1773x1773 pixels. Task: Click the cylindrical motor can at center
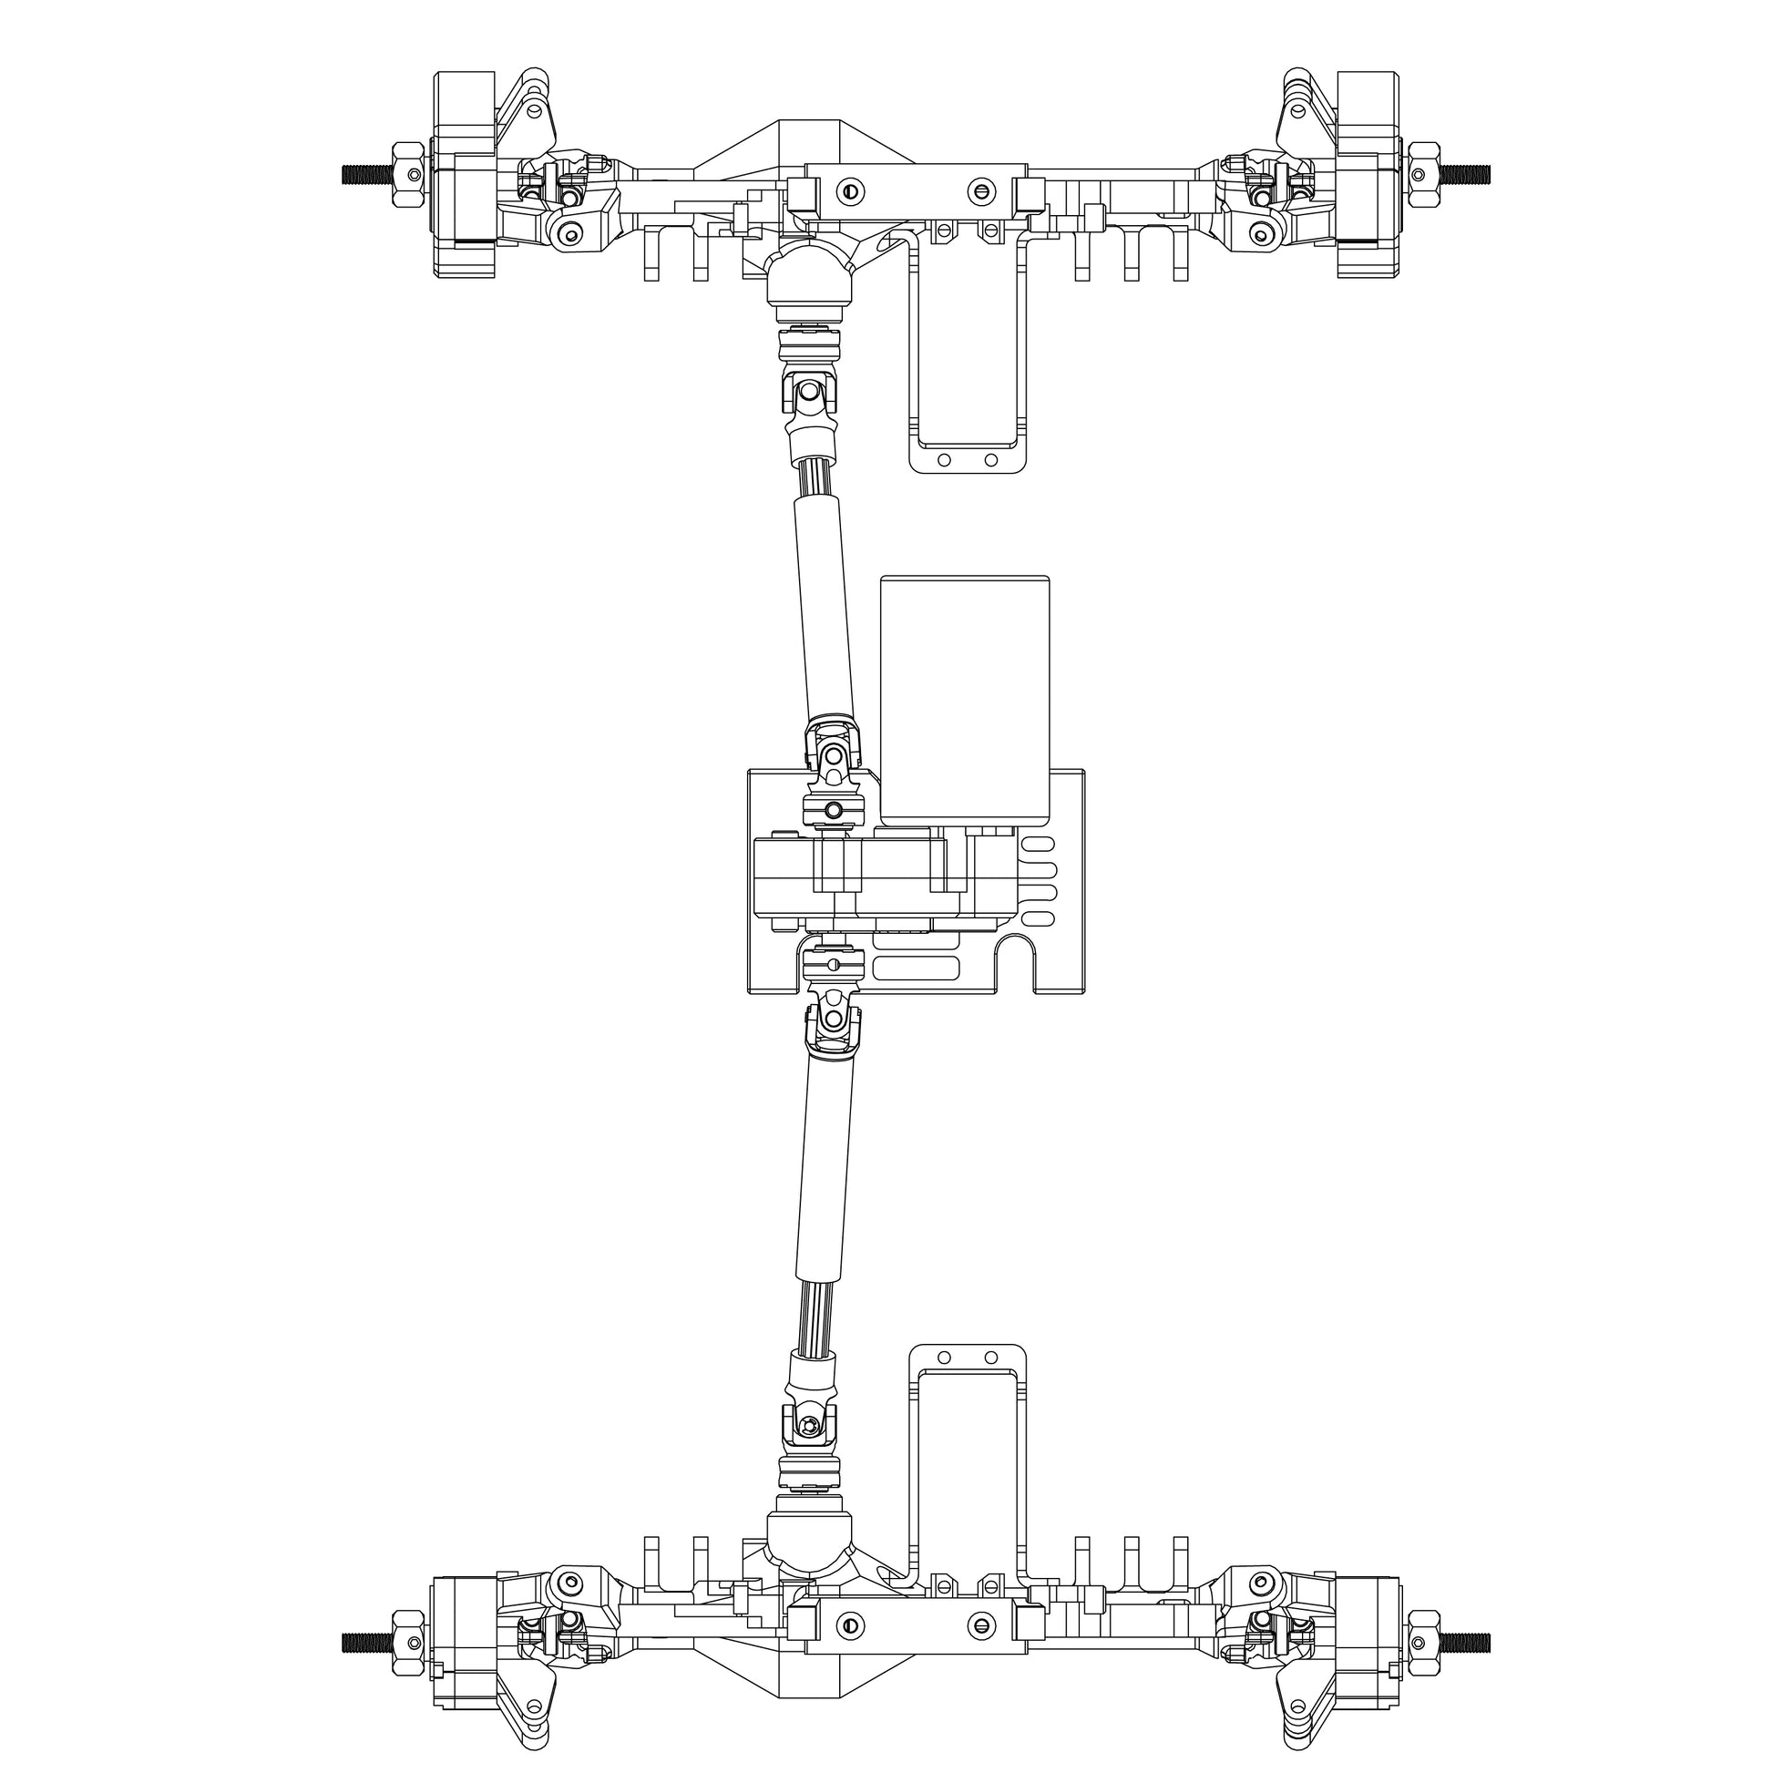(965, 698)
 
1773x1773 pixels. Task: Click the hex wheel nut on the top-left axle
(406, 173)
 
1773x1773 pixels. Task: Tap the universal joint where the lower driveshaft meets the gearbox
(834, 1019)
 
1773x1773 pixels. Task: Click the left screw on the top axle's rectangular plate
(852, 191)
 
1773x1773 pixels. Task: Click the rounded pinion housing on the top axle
(807, 271)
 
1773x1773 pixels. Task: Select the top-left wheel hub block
(464, 174)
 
